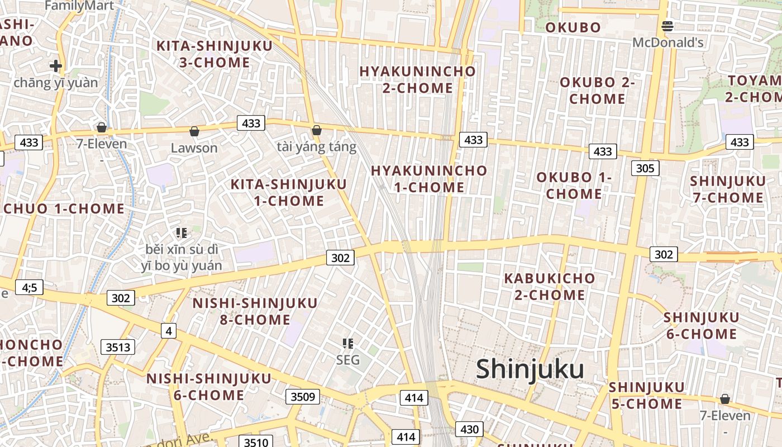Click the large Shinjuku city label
coord(530,369)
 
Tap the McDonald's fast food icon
coord(667,26)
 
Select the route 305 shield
coord(646,168)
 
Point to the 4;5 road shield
coord(29,287)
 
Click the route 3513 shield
coord(118,347)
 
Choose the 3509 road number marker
coord(303,397)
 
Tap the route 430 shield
coord(470,429)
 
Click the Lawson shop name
coord(194,148)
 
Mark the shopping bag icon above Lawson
coord(194,131)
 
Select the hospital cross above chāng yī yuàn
coord(55,66)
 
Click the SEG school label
coord(348,360)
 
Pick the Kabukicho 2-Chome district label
coord(550,286)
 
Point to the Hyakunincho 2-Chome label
coord(417,79)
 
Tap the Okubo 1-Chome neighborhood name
coord(574,186)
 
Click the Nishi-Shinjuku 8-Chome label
coord(255,311)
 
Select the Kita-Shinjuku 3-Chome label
coord(214,54)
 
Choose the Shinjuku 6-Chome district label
coord(701,326)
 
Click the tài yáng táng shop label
coord(316,147)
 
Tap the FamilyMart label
coord(79,6)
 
